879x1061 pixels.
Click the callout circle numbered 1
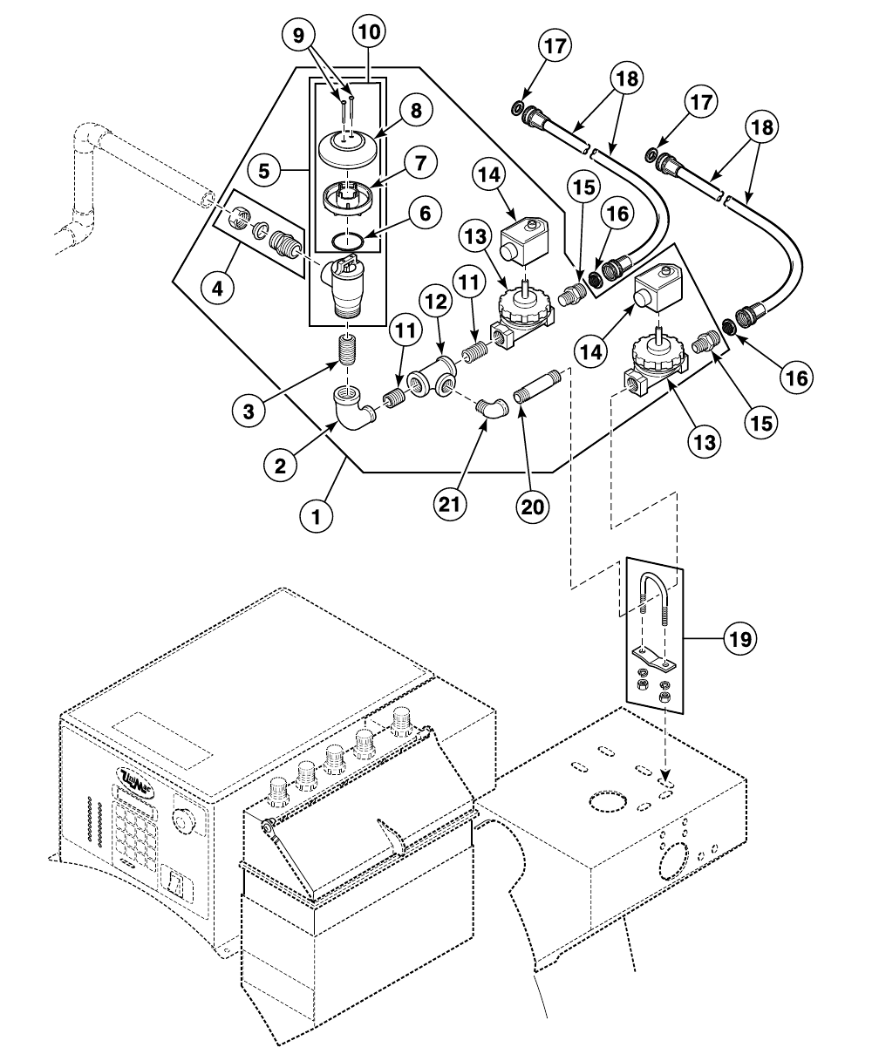coord(318,515)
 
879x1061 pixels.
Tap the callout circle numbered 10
coord(370,33)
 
